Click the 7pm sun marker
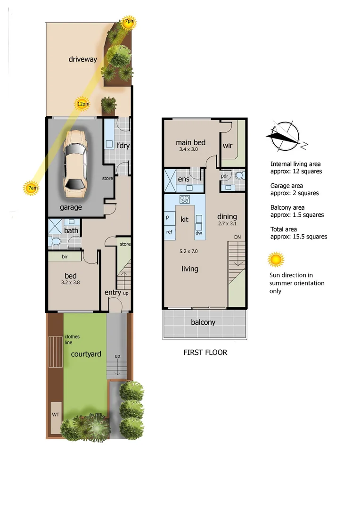(128, 22)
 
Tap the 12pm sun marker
(82, 104)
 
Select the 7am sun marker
(31, 188)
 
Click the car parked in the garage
(75, 164)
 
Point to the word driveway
(82, 59)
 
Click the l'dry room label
(123, 146)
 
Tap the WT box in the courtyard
(56, 416)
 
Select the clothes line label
(72, 339)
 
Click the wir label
(228, 146)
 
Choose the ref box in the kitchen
(169, 231)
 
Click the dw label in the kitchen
(198, 233)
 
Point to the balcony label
(203, 322)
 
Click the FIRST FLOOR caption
(205, 352)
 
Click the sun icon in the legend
(276, 260)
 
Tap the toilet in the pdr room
(239, 176)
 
